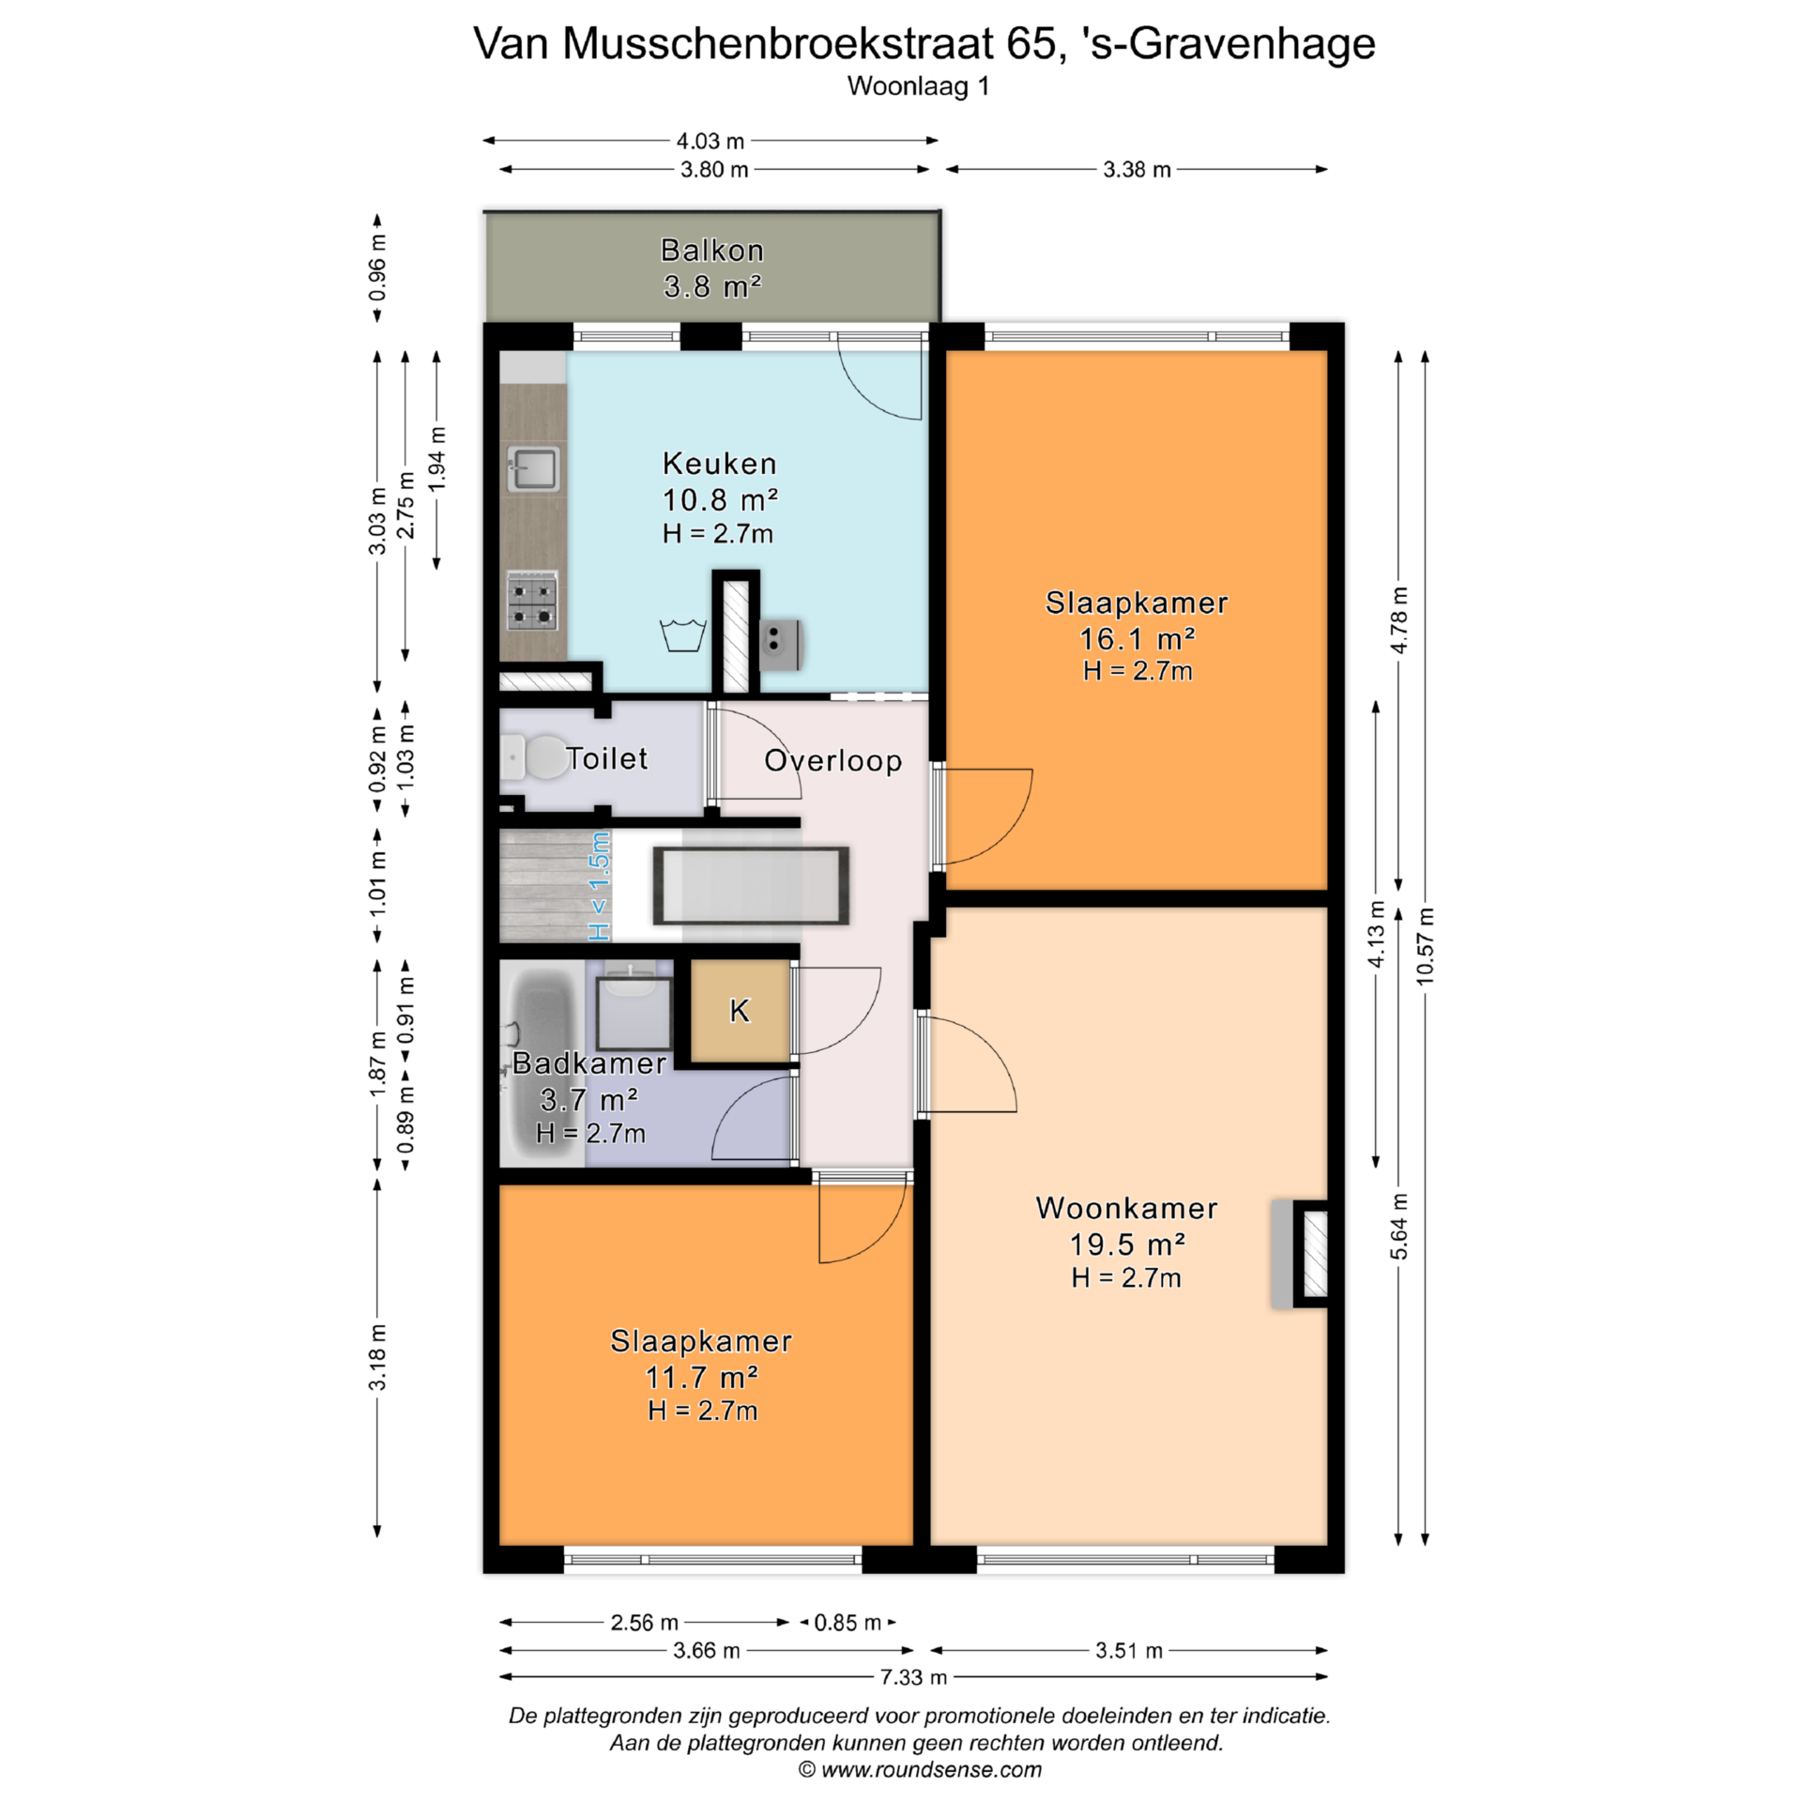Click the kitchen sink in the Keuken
(533, 468)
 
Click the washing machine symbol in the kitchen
(683, 635)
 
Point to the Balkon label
(712, 251)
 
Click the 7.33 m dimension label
(912, 1676)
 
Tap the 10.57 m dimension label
(1425, 946)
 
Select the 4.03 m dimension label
(710, 141)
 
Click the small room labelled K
(741, 1011)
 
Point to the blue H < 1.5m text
(599, 886)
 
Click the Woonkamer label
(1126, 1208)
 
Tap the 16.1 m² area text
(1137, 638)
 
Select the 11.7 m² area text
(701, 1377)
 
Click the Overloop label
(832, 760)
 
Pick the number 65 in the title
(1031, 43)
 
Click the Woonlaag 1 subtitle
(918, 86)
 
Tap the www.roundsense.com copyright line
(920, 1770)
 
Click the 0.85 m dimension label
(848, 1623)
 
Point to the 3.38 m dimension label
(1137, 170)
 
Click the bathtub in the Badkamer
(542, 1063)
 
